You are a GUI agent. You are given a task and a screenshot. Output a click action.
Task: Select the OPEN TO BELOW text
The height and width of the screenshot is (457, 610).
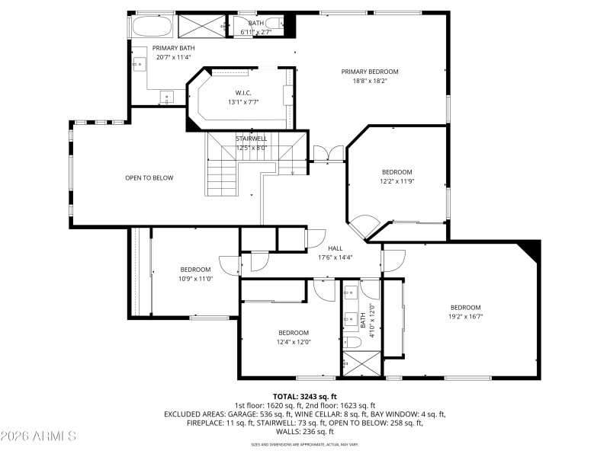149,178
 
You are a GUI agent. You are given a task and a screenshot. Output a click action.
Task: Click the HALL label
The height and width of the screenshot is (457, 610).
335,248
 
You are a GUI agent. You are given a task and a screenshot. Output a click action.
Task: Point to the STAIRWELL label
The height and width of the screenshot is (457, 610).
251,139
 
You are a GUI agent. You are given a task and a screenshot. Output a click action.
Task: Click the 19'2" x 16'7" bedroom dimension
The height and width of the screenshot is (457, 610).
465,317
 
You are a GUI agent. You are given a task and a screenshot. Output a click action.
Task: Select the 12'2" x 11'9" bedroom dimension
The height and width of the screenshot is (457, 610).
396,181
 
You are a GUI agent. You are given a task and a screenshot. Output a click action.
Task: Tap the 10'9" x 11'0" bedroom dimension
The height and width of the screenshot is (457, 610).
195,279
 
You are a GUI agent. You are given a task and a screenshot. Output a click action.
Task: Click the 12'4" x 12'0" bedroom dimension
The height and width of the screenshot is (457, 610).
294,342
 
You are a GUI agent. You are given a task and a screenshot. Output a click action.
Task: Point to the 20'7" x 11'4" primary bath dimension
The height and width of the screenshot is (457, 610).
173,57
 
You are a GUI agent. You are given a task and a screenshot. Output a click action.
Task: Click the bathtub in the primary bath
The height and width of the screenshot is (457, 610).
152,27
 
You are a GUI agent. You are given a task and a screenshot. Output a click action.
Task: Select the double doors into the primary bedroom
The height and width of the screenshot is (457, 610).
329,152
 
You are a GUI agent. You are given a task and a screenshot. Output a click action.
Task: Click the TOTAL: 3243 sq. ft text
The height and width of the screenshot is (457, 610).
304,397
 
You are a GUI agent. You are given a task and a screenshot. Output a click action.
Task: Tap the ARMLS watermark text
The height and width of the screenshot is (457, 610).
38,436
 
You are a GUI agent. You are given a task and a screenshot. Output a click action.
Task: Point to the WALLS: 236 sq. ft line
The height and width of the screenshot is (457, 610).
304,431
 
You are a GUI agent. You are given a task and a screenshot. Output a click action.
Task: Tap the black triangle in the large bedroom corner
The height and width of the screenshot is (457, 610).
528,248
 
